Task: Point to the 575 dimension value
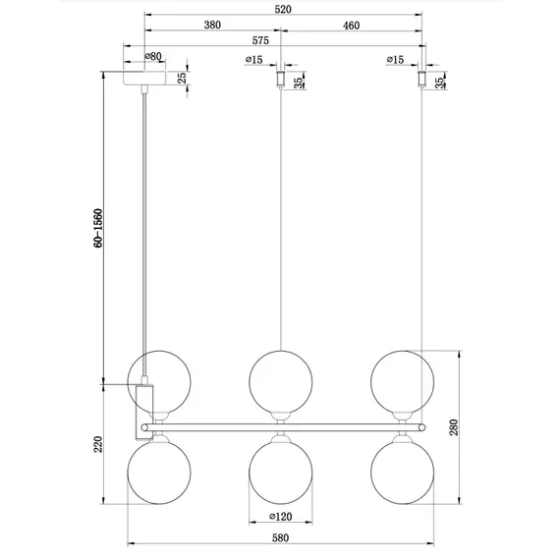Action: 260,41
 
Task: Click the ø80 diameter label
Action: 153,58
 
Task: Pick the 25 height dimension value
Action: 183,78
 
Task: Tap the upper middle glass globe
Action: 281,380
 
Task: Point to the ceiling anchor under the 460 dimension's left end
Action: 282,77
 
